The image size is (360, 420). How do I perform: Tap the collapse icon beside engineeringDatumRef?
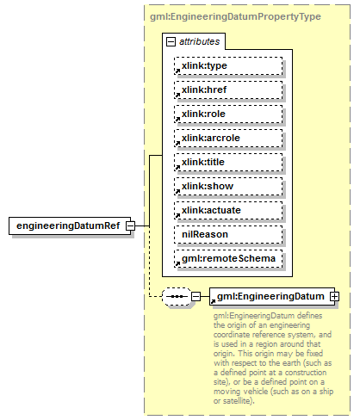pos(129,225)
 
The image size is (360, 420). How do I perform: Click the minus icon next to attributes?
pos(171,40)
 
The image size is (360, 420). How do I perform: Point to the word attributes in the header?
pos(199,40)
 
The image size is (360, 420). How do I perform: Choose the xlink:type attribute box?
pos(227,65)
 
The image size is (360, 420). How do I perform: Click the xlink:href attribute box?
pos(227,90)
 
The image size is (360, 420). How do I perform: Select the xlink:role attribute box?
pos(227,114)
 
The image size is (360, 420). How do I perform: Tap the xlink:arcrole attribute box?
pos(227,138)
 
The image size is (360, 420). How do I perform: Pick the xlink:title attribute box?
pos(227,162)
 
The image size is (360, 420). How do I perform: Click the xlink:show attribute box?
pos(227,186)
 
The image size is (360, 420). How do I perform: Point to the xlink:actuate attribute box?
pos(227,210)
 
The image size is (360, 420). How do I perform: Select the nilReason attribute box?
pos(227,234)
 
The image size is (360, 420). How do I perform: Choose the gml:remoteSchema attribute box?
pos(227,258)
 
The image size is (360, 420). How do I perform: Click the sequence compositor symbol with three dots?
pos(176,296)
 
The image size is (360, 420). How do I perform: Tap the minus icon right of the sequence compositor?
pos(196,296)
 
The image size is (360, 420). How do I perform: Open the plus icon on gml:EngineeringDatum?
pos(333,296)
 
